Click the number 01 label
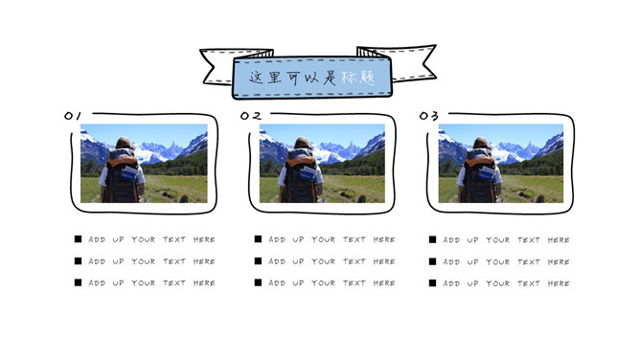pyautogui.click(x=73, y=116)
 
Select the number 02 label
pyautogui.click(x=251, y=116)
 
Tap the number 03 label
pyautogui.click(x=429, y=116)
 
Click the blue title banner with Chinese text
pyautogui.click(x=312, y=78)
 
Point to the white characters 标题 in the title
pyautogui.click(x=358, y=77)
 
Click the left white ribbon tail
pyautogui.click(x=217, y=66)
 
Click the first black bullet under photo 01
pyautogui.click(x=78, y=239)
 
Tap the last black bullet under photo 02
pyautogui.click(x=258, y=282)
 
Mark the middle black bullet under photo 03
pyautogui.click(x=433, y=261)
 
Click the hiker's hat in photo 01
pyautogui.click(x=125, y=144)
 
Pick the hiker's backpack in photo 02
pyautogui.click(x=301, y=176)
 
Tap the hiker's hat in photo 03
pyautogui.click(x=482, y=144)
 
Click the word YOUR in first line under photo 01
pyautogui.click(x=144, y=239)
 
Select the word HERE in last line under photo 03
pyautogui.click(x=559, y=283)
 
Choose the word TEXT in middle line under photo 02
pyautogui.click(x=354, y=261)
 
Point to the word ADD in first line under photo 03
pyautogui.click(x=451, y=240)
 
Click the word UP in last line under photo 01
pyautogui.click(x=119, y=283)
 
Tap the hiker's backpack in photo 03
pyautogui.click(x=480, y=176)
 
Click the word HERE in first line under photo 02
pyautogui.click(x=384, y=239)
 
